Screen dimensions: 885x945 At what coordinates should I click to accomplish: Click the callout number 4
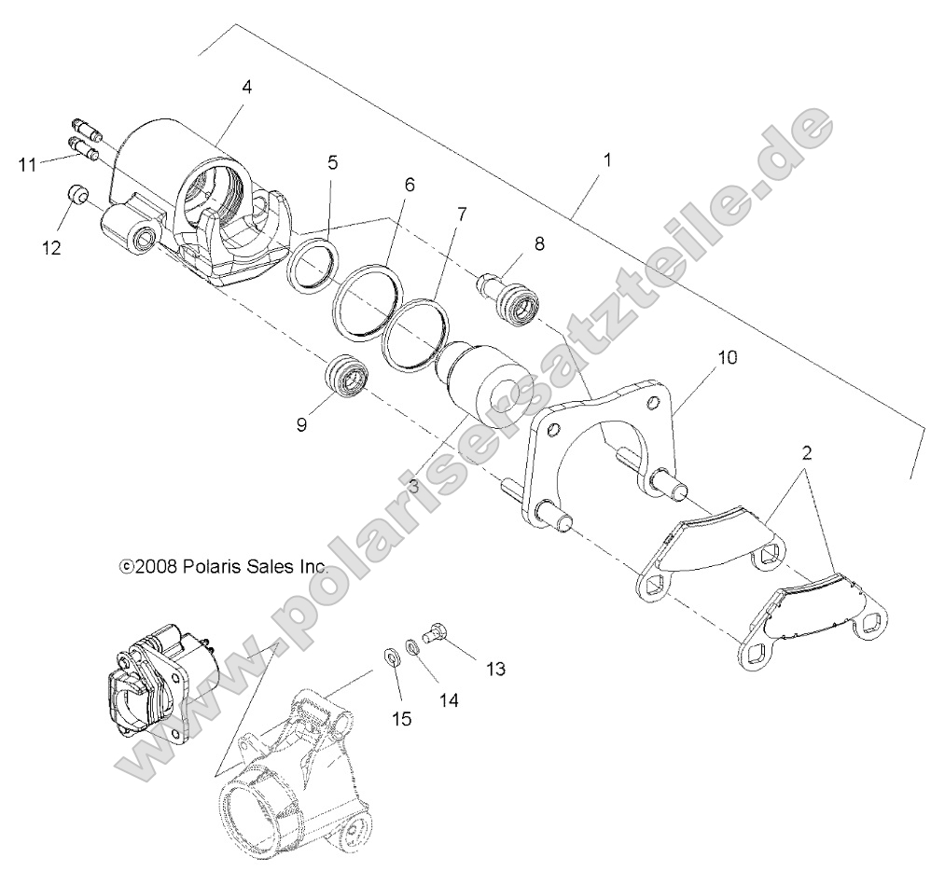click(x=246, y=87)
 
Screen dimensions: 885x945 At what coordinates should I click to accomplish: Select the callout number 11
click(x=28, y=165)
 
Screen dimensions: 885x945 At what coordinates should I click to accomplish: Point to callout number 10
click(x=727, y=358)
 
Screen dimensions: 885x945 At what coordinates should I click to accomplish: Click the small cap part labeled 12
click(x=76, y=195)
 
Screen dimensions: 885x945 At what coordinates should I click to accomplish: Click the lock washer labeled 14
click(x=412, y=645)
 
